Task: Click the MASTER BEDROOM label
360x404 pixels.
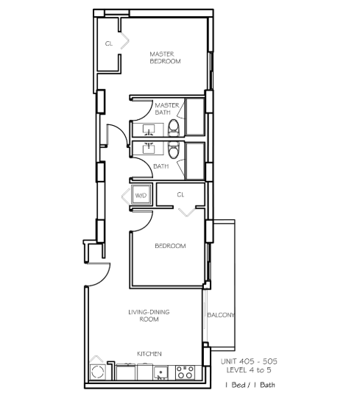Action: point(165,57)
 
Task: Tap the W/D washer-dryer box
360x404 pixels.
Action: point(141,195)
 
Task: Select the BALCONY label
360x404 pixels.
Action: point(221,315)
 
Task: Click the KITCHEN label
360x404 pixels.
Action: point(149,354)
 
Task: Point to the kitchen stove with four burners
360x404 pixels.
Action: point(185,372)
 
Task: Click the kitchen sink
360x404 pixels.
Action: point(160,373)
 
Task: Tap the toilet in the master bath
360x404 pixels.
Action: point(174,127)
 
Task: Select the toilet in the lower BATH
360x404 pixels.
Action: point(174,149)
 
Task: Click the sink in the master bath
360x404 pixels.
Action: point(149,130)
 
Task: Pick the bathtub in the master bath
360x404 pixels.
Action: point(195,116)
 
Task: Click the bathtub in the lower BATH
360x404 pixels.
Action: point(195,161)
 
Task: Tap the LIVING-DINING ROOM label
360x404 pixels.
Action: point(149,316)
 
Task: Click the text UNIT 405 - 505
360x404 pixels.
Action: point(249,361)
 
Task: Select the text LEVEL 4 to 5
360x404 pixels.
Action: point(249,370)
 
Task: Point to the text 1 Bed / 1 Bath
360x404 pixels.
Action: point(250,385)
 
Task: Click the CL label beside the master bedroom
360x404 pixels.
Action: point(109,43)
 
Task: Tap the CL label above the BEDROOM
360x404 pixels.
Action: point(180,194)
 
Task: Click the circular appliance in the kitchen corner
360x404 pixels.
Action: point(98,372)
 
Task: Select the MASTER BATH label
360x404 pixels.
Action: point(166,109)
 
